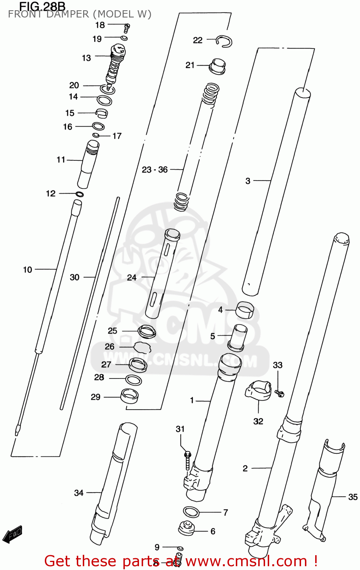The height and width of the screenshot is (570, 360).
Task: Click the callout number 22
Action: tap(197, 40)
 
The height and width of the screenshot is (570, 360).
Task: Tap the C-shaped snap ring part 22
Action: tap(224, 41)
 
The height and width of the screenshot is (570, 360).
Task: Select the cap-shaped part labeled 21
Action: tap(218, 66)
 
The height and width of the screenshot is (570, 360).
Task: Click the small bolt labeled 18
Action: tap(127, 27)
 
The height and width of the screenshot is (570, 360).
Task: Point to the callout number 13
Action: tap(86, 58)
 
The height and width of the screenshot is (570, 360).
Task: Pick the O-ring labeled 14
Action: tap(104, 101)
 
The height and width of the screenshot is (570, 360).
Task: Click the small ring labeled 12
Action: tap(79, 194)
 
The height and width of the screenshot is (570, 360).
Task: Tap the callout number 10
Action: tap(27, 270)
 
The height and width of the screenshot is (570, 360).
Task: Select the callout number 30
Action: tap(74, 277)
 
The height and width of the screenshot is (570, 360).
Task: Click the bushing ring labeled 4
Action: tap(245, 309)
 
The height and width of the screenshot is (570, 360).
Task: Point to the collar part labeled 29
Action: tap(129, 396)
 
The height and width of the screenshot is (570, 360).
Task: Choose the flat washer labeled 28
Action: tap(133, 379)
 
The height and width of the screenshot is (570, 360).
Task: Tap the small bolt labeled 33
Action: tap(280, 393)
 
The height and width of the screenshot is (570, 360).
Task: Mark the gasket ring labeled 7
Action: tap(191, 512)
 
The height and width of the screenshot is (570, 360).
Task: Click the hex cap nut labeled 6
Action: tap(186, 528)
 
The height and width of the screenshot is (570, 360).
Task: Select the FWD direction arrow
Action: tap(12, 534)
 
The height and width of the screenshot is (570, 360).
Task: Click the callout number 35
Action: tap(353, 497)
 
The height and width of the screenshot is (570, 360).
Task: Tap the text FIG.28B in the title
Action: tap(42, 6)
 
